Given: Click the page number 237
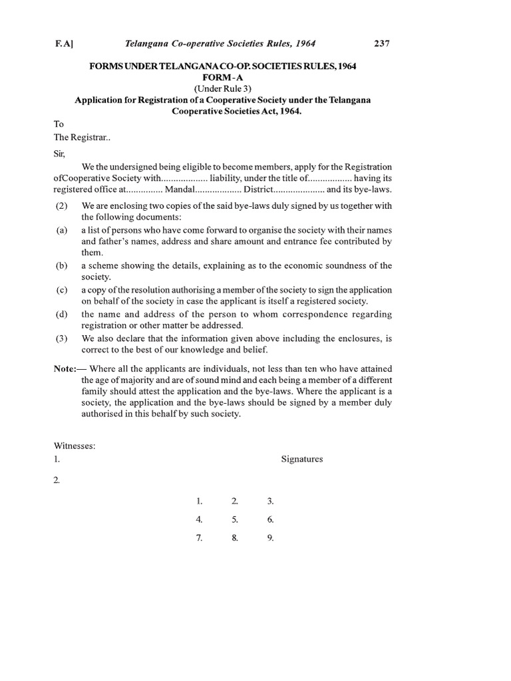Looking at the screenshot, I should (x=381, y=44).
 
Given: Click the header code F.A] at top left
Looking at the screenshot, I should (x=64, y=44).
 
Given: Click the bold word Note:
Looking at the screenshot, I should (x=65, y=369).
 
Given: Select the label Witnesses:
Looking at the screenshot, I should (x=74, y=446).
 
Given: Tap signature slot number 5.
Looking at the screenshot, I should (x=235, y=519).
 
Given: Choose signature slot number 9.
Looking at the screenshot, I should (x=270, y=538).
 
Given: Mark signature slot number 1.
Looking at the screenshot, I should (x=199, y=501).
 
